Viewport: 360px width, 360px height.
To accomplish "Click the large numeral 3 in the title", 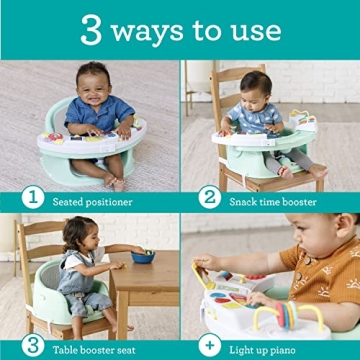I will pos(91,29).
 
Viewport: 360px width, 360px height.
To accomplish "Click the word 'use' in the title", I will pos(254,31).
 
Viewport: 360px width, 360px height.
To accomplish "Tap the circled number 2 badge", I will pos(210,196).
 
